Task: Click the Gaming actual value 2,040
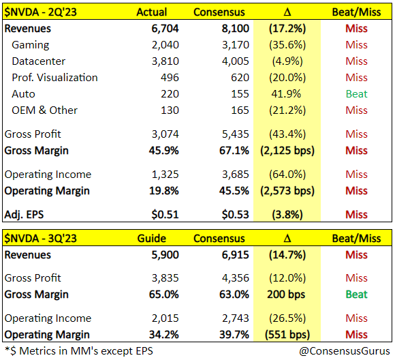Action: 165,45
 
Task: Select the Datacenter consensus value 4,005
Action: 236,61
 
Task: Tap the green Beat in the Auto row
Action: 356,94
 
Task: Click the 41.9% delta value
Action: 286,94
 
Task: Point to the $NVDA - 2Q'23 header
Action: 41,12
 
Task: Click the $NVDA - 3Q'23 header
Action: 41,238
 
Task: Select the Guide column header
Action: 152,238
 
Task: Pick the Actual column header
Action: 152,12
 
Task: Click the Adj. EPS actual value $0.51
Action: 165,215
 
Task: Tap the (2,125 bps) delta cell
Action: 287,151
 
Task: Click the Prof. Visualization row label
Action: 54,78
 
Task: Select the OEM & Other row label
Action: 44,110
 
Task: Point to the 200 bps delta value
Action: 286,295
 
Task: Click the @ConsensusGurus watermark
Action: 345,351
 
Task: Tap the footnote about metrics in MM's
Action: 79,351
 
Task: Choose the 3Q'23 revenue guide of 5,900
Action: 165,255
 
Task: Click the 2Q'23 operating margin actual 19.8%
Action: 163,191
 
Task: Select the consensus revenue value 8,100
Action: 236,29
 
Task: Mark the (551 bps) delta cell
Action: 287,335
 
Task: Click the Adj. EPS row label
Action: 25,215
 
